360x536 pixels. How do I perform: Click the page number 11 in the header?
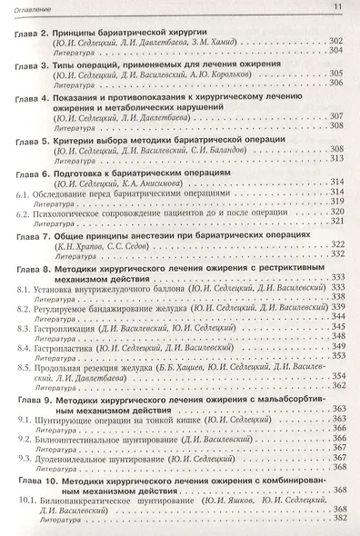click(337, 8)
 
